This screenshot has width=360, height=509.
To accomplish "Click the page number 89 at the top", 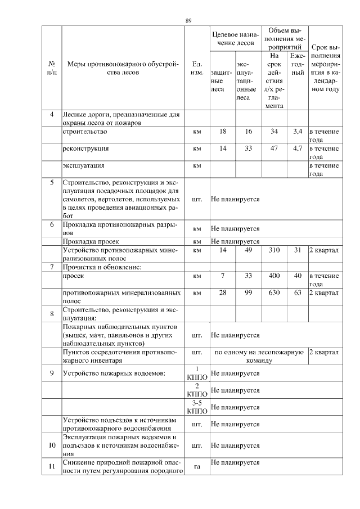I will (x=188, y=21).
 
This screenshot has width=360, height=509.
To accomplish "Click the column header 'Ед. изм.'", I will (x=197, y=67).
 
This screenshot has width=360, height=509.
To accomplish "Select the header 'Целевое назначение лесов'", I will (x=235, y=38).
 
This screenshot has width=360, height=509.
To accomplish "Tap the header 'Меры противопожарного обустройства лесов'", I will (x=122, y=67).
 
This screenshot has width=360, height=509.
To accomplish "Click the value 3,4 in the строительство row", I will (x=298, y=131).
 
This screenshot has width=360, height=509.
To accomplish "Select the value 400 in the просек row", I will (x=274, y=276).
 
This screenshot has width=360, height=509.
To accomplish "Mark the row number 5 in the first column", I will (x=52, y=183).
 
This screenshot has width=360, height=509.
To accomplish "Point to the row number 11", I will (x=52, y=466).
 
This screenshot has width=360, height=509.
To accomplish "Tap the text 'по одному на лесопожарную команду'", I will (x=259, y=356).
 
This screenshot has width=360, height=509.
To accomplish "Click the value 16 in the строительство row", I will (x=248, y=131).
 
